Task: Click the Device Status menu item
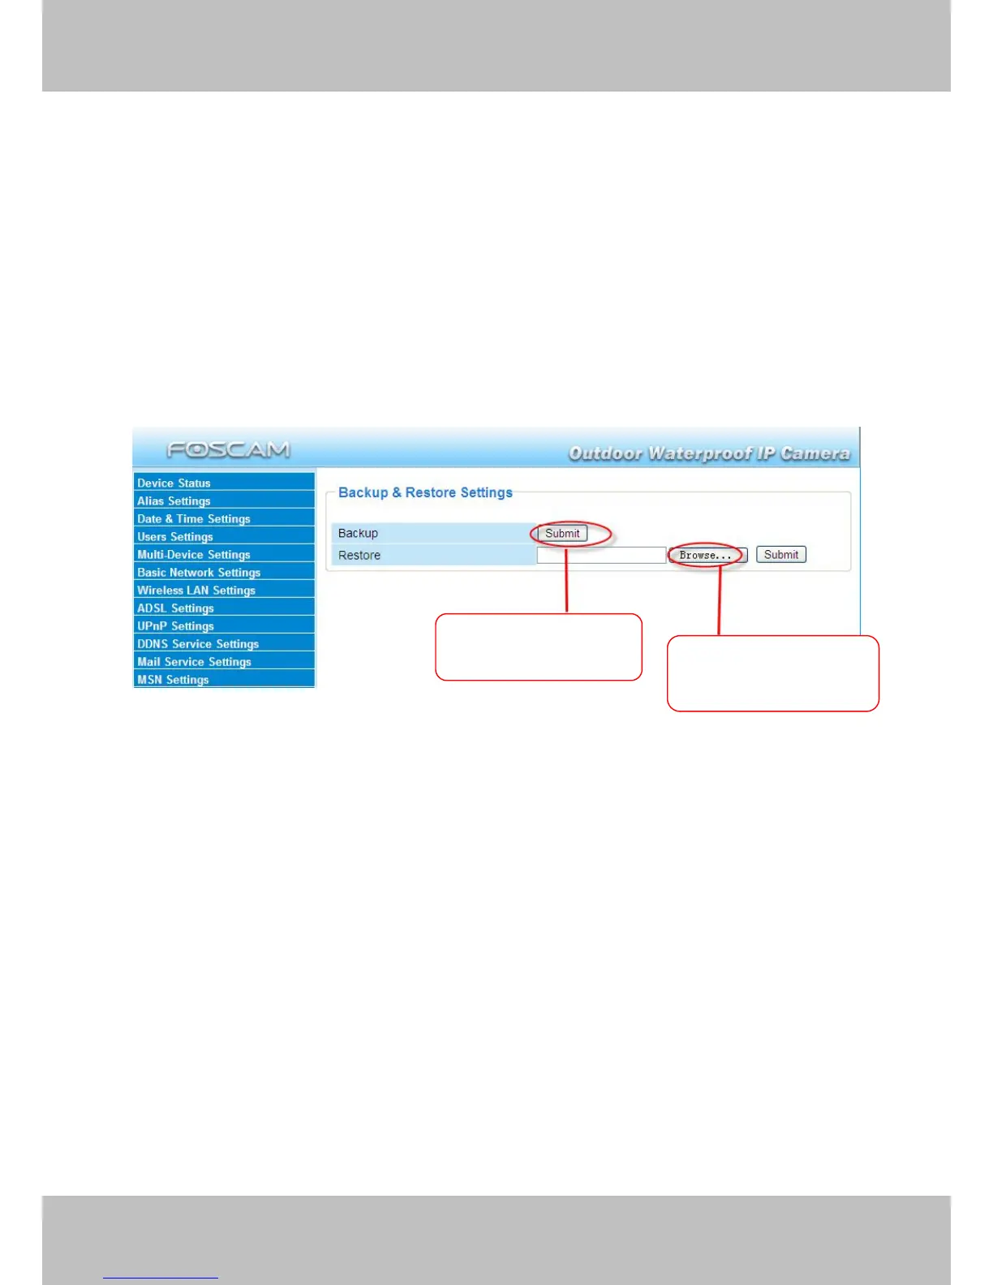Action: click(x=174, y=483)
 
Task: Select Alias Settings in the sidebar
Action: click(x=174, y=501)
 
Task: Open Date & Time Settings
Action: click(x=194, y=518)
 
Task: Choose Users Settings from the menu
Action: click(x=175, y=536)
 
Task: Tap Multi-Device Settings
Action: click(x=194, y=554)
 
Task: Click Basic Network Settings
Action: click(x=199, y=572)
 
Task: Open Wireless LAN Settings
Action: click(x=196, y=590)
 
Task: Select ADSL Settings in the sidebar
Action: click(x=175, y=608)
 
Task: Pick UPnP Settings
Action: click(x=175, y=625)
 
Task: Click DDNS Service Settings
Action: click(x=198, y=643)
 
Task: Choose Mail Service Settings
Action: click(x=194, y=661)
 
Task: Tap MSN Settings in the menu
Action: click(x=173, y=679)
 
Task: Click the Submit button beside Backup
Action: click(x=562, y=533)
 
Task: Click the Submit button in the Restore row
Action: click(x=780, y=555)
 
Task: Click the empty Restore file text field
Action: click(x=601, y=555)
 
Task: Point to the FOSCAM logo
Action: click(x=228, y=449)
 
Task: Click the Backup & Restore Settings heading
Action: click(x=425, y=492)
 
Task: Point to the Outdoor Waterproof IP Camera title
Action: click(x=709, y=453)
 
